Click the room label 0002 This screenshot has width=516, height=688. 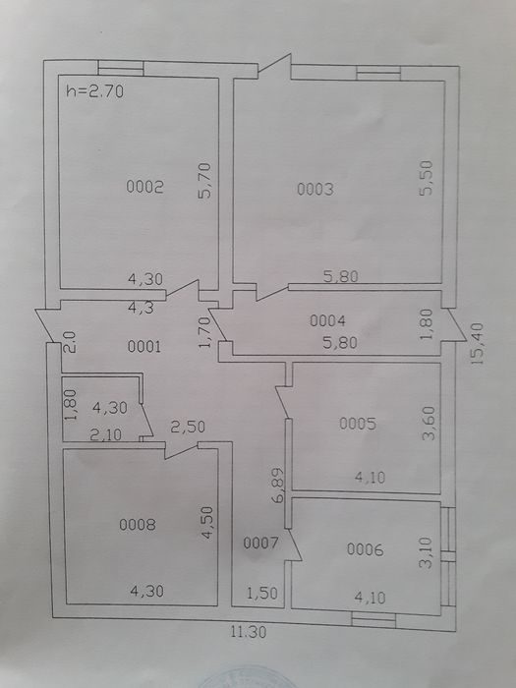coord(144,187)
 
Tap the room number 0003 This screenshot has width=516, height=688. coord(315,190)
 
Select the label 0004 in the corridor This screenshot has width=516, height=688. coord(327,320)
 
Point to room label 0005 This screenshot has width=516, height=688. coord(358,424)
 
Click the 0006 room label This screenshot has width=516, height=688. coord(365,549)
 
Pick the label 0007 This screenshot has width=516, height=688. coord(260,544)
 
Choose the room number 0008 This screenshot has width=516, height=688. coord(138,524)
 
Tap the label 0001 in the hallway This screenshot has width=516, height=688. coord(144,347)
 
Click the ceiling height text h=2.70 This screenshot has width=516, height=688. coord(94,91)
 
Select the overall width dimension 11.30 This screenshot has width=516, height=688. coord(249,632)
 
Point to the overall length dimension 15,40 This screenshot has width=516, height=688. coord(478,344)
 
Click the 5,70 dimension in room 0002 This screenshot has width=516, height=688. coord(204,181)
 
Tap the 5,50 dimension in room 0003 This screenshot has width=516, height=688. coord(426,178)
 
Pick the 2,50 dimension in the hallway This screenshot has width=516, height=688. coord(188,427)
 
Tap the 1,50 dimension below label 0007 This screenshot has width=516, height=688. coord(262,594)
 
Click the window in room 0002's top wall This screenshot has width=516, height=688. coord(121,68)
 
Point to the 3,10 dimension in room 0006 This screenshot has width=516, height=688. coord(426,552)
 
